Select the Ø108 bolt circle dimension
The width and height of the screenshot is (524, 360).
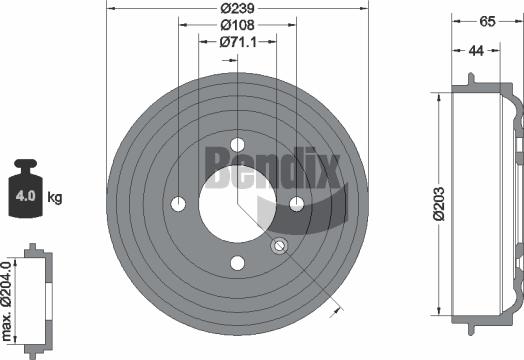(x=238, y=24)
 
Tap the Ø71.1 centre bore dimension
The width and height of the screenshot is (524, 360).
(x=238, y=42)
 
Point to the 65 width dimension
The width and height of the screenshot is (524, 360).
(x=487, y=20)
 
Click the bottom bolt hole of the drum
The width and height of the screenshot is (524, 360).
(x=238, y=264)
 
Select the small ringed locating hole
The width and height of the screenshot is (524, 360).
(x=280, y=246)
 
